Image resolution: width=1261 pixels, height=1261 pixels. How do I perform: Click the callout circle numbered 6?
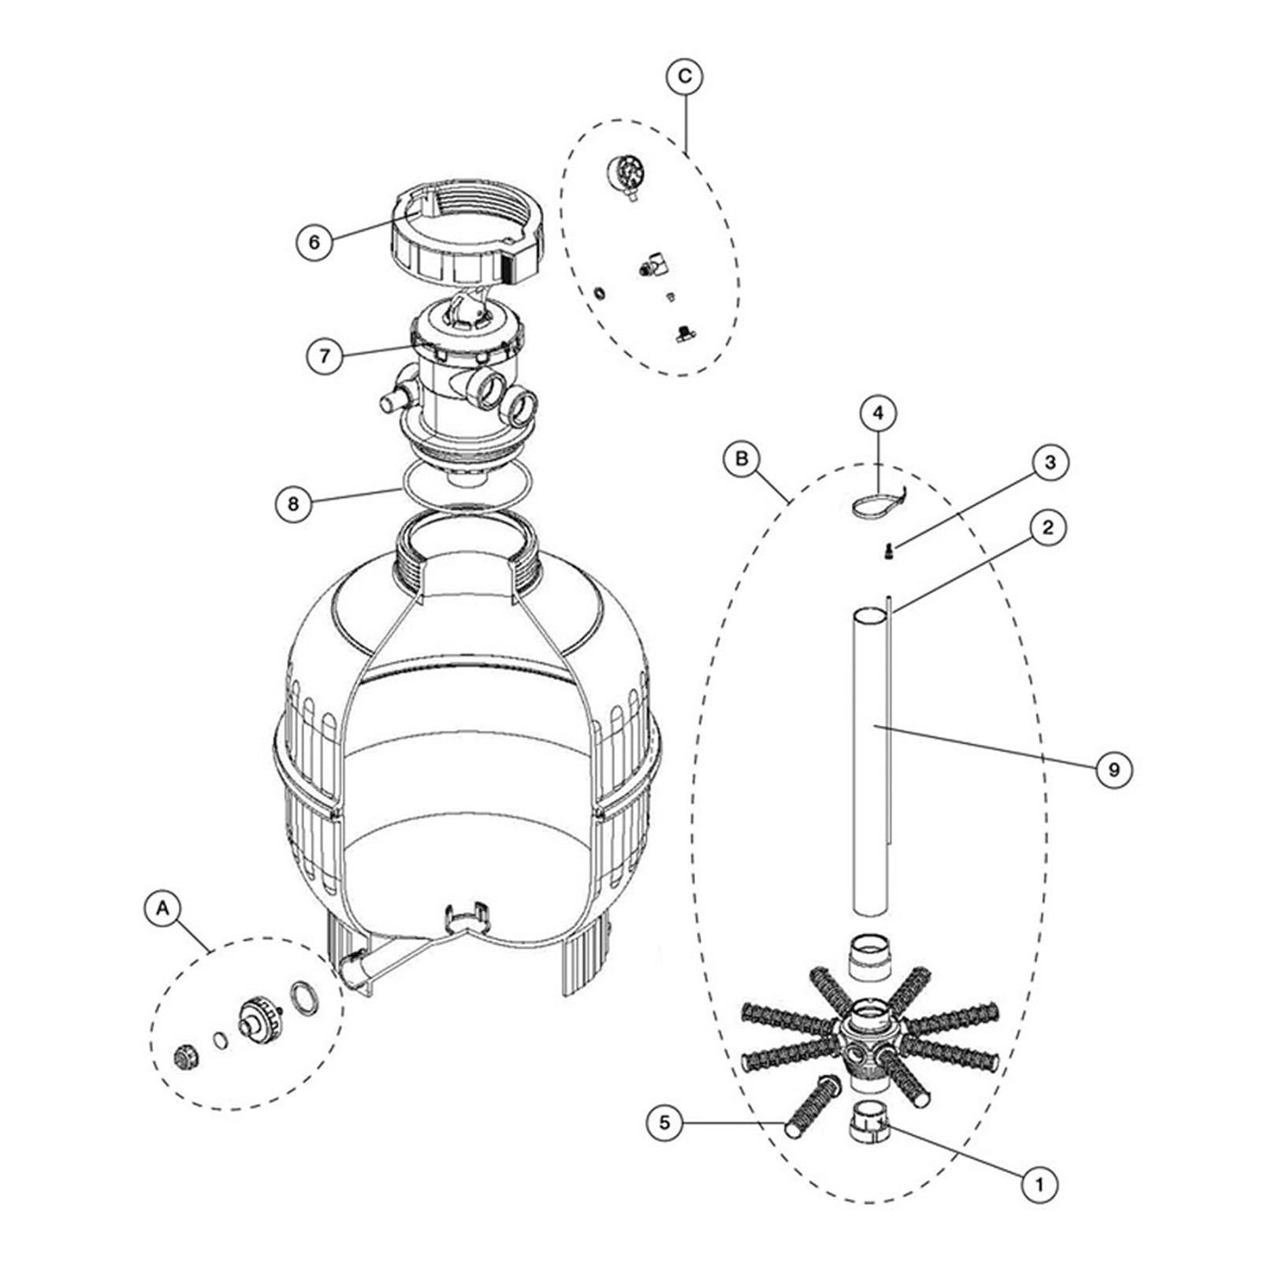click(x=314, y=241)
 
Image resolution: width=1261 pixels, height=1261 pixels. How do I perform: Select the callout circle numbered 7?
click(x=325, y=355)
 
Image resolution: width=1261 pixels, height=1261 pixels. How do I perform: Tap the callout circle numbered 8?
click(x=294, y=503)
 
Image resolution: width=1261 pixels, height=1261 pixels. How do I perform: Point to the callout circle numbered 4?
click(x=878, y=412)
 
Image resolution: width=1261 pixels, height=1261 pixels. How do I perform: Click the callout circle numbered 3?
click(x=1049, y=463)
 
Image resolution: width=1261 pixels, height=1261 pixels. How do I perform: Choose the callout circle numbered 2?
click(x=1047, y=527)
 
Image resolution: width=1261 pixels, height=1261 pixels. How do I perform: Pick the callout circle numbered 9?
click(x=1113, y=768)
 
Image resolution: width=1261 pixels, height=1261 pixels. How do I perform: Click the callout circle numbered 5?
click(x=666, y=1121)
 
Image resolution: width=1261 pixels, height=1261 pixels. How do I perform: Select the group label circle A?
click(x=163, y=908)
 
